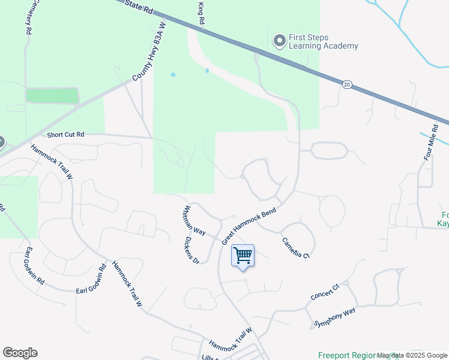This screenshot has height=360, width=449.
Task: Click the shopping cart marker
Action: [243, 256]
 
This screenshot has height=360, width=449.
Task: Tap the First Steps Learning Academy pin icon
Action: [279, 41]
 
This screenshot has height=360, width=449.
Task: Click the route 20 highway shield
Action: [348, 85]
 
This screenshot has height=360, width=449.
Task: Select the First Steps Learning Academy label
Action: [323, 41]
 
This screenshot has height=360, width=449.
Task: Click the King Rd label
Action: [202, 13]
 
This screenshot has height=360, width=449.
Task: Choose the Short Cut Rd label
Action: [65, 136]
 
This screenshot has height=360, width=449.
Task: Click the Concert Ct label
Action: [325, 293]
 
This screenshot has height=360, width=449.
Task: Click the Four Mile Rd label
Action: [428, 145]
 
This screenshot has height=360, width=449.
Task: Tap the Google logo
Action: [20, 353]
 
